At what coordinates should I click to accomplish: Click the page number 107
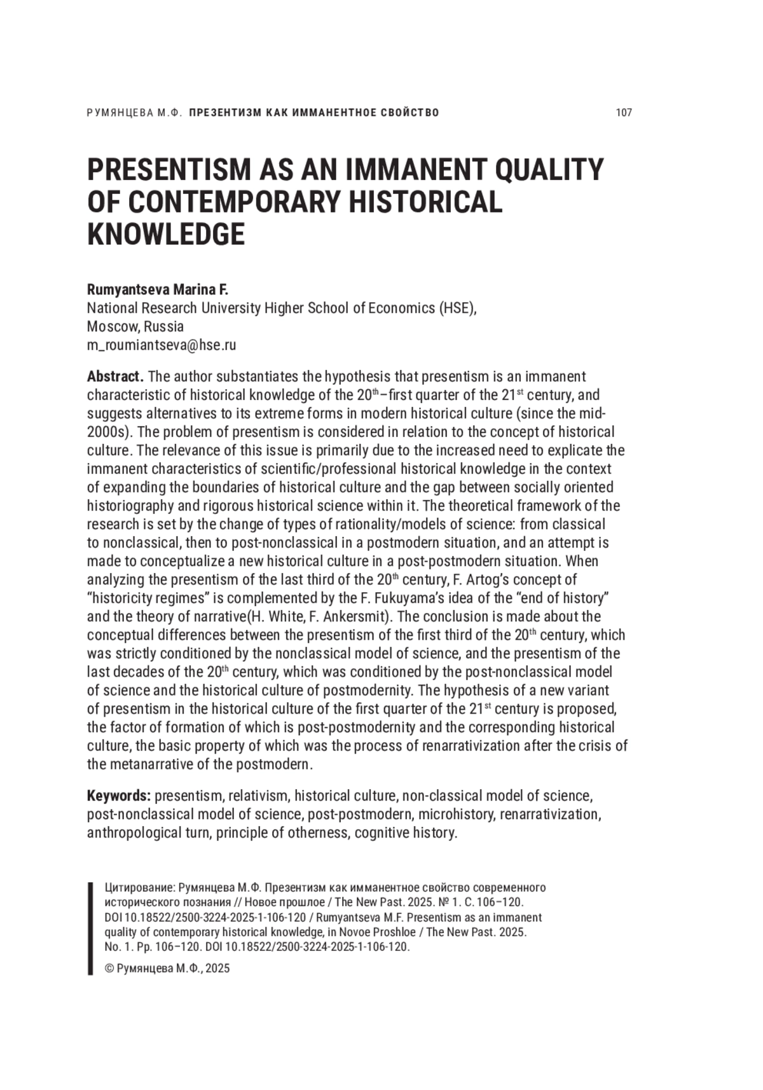[624, 113]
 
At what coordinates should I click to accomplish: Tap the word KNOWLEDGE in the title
[165, 234]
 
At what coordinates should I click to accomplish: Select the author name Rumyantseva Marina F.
[157, 290]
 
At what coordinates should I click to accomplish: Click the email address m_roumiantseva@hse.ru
[162, 345]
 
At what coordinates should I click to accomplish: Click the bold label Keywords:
[118, 796]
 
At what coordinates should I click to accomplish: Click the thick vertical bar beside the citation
[90, 928]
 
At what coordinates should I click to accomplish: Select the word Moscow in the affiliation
[111, 327]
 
